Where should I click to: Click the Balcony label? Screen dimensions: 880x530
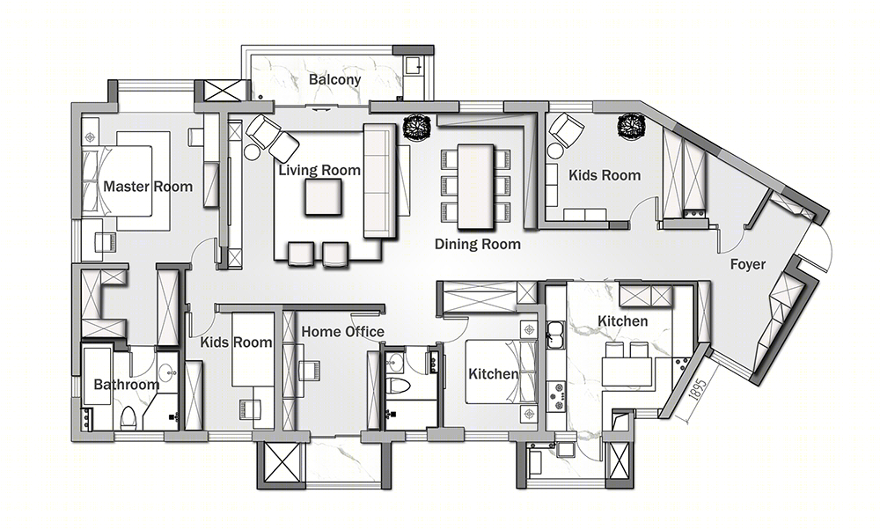334,80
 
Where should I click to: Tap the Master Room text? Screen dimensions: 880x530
148,187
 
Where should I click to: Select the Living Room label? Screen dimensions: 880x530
319,170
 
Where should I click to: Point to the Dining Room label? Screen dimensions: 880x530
478,244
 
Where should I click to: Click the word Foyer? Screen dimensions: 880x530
747,264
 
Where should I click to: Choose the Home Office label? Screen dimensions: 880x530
343,332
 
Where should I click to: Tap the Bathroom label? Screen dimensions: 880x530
126,385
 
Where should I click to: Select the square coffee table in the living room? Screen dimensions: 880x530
322,197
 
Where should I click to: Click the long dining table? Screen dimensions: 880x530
476,187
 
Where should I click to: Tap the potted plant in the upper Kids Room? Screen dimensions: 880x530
631,125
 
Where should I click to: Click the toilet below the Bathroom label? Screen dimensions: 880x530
128,416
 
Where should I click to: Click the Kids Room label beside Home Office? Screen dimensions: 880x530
236,342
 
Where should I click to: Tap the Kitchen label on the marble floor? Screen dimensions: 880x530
622,321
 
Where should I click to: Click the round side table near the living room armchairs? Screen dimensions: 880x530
251,151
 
